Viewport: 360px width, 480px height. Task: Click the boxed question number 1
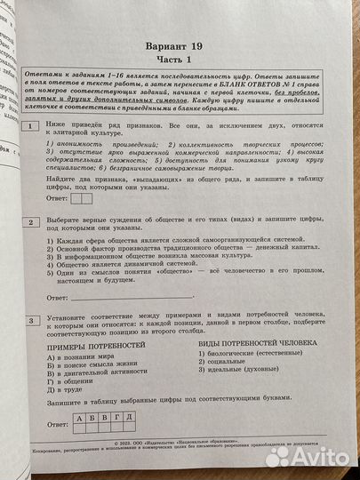[32, 127]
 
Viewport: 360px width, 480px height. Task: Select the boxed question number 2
[32, 220]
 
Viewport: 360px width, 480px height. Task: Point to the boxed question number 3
[32, 319]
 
